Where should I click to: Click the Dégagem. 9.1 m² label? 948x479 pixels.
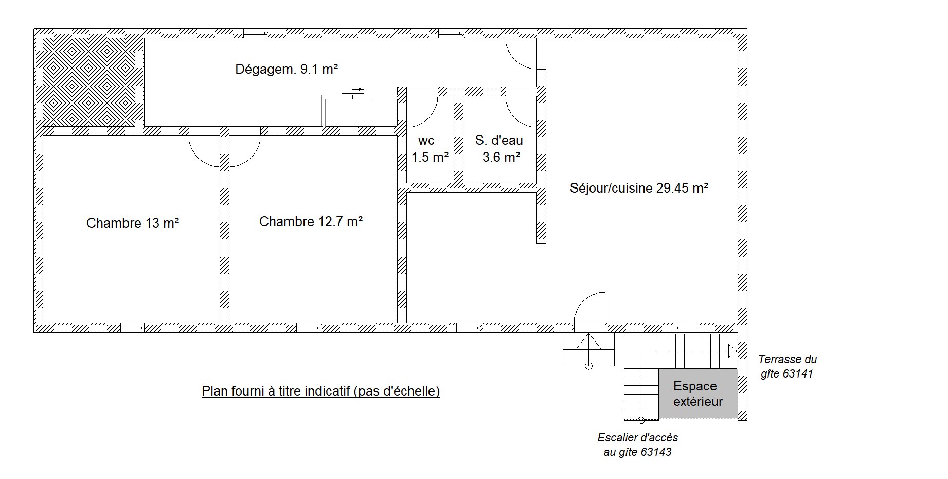pos(287,69)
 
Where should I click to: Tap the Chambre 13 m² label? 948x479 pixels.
pos(133,223)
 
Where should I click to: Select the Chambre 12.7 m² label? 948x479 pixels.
pos(311,221)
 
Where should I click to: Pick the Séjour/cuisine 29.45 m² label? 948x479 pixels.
pos(639,188)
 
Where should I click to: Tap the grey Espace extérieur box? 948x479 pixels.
pos(698,394)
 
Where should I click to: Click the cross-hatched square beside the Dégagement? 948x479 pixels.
pos(89,82)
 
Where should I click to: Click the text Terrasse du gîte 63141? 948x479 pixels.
pos(787,366)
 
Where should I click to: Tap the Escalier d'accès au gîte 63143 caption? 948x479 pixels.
pos(638,444)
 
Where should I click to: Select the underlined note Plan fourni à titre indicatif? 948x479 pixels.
pos(320,391)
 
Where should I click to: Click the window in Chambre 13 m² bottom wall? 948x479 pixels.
pos(132,328)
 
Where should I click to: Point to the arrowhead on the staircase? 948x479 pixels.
pos(732,351)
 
